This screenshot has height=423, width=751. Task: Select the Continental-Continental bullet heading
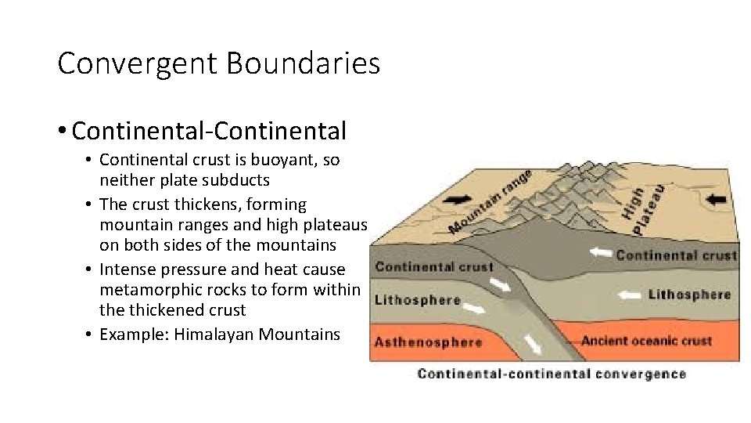(209, 130)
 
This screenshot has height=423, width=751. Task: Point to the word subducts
(233, 180)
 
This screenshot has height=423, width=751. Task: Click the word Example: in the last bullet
(135, 334)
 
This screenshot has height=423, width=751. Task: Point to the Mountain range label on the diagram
(490, 202)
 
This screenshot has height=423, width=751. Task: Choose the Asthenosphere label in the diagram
(427, 342)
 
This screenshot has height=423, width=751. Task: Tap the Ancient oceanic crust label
(646, 341)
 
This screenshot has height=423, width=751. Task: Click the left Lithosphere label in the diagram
(417, 300)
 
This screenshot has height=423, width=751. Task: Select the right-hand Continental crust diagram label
(675, 255)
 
